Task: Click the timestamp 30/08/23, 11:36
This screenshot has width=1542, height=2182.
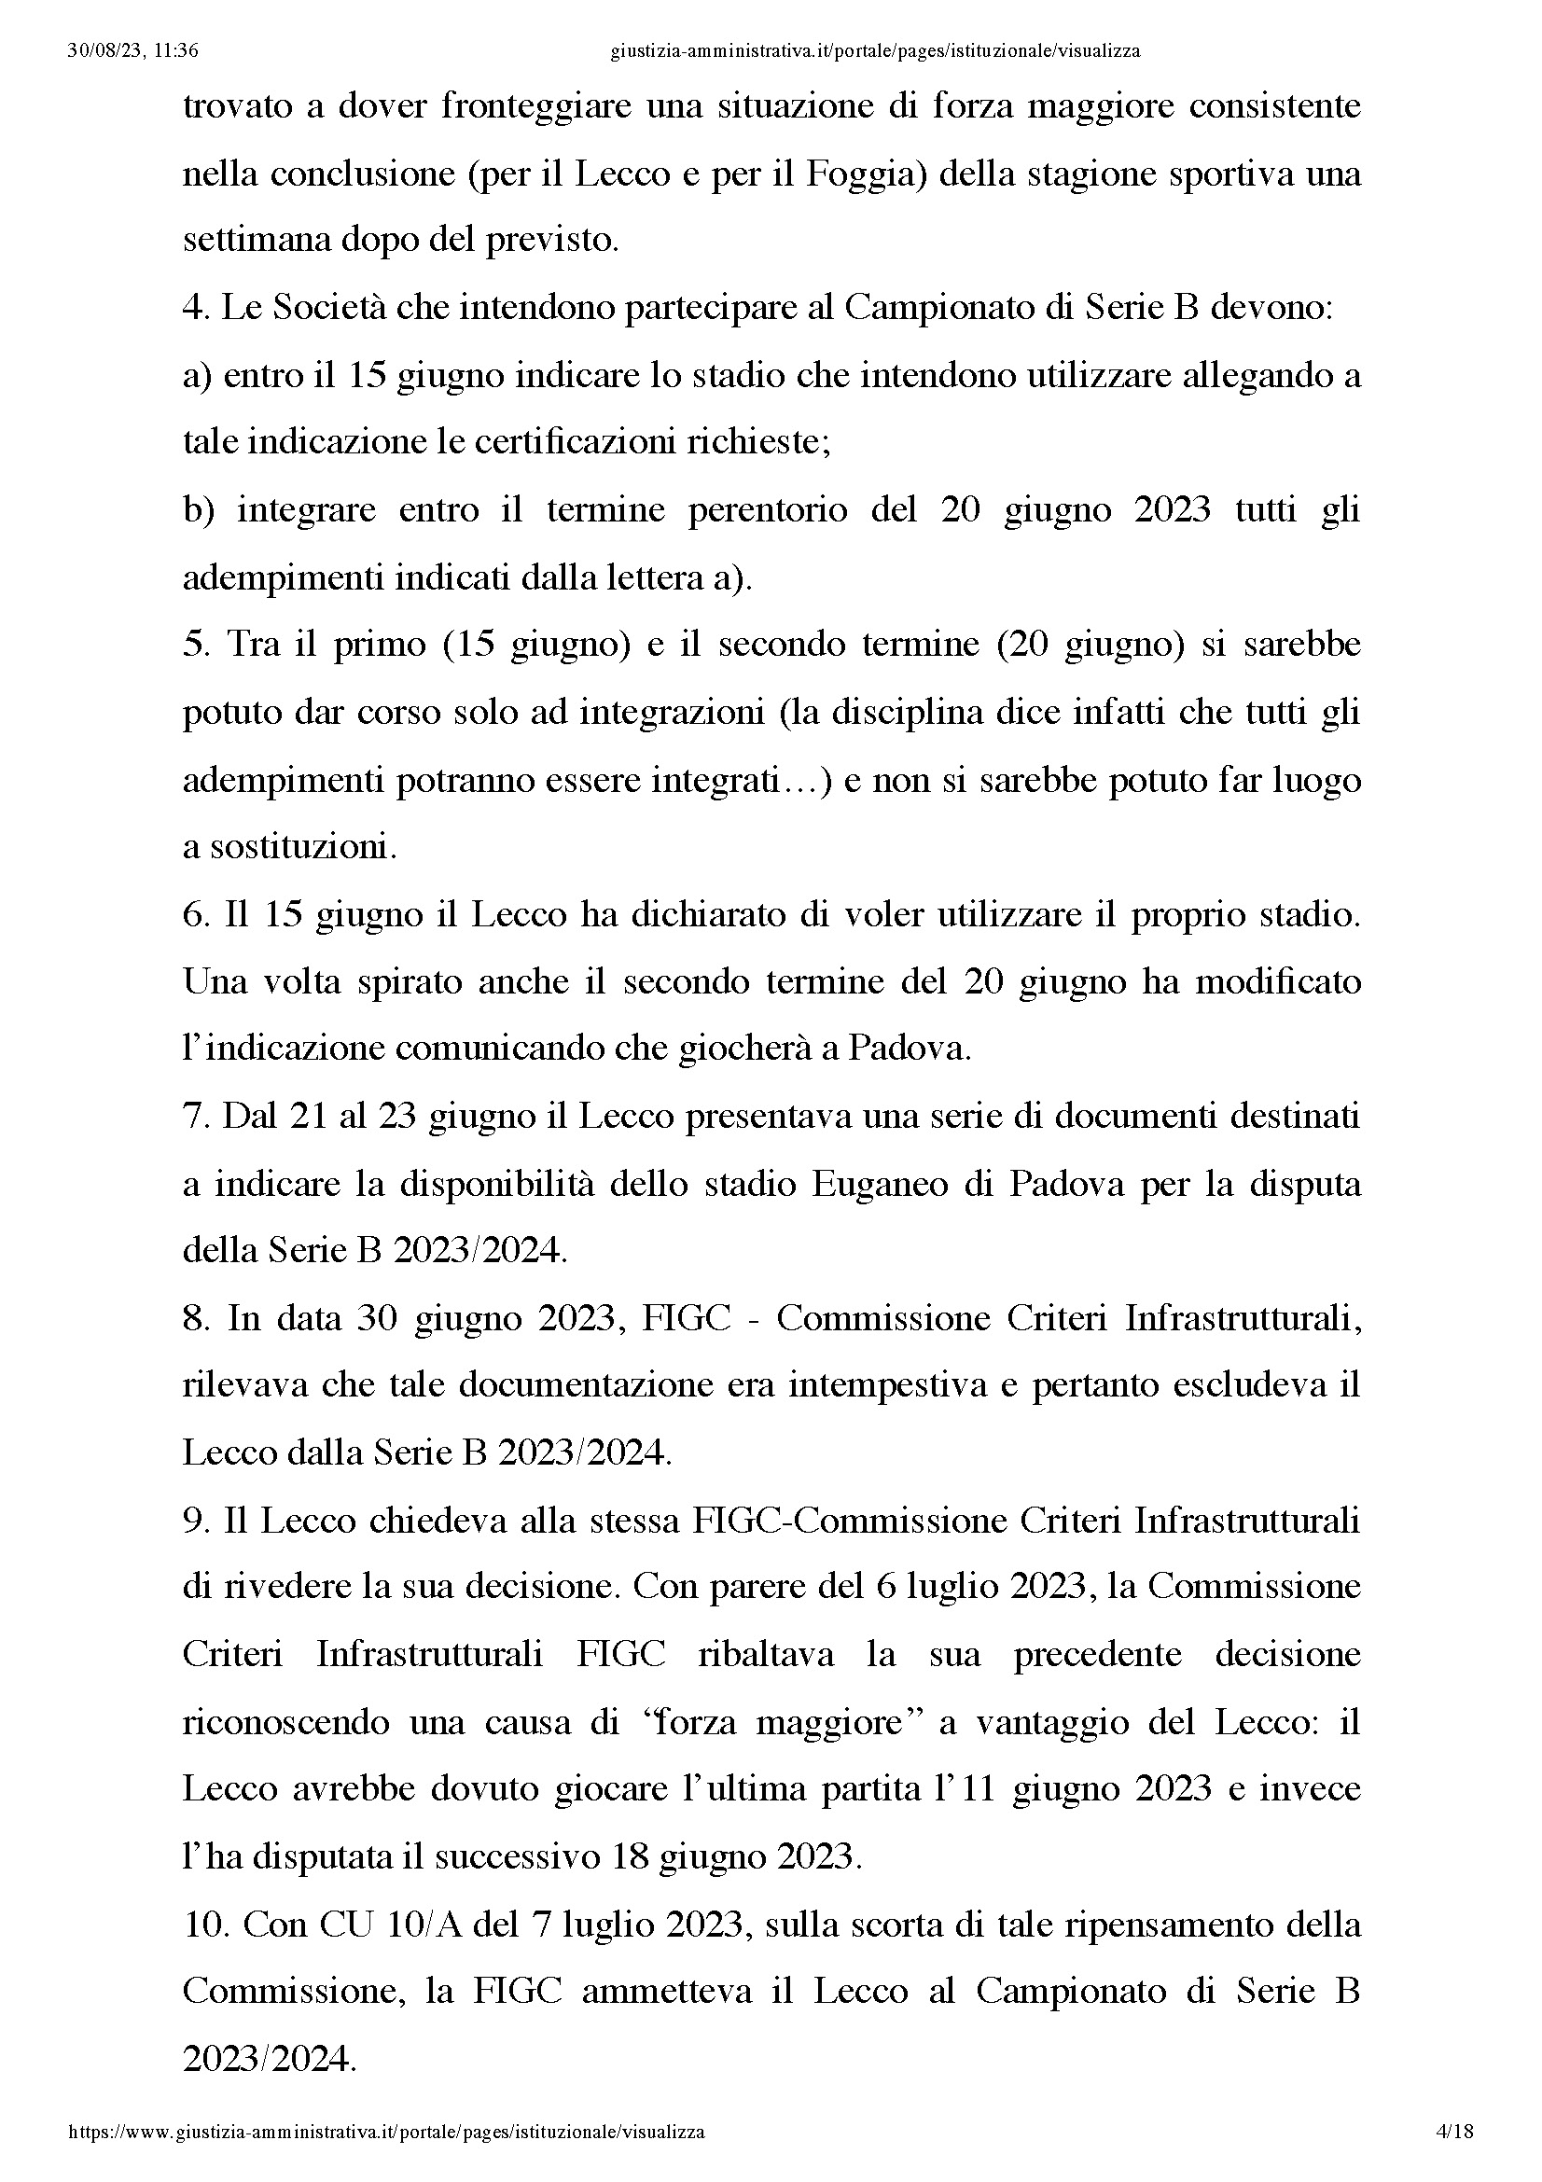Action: coord(133,51)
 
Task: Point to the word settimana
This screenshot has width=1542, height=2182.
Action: coord(255,242)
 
